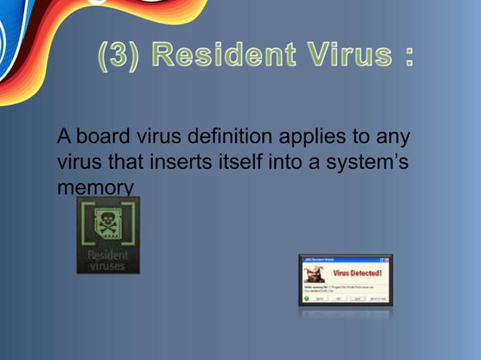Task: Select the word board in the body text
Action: tap(104, 138)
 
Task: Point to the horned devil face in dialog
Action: tap(314, 273)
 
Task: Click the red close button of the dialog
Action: tap(389, 259)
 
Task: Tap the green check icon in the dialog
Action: tap(307, 297)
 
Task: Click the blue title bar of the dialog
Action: tap(339, 259)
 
